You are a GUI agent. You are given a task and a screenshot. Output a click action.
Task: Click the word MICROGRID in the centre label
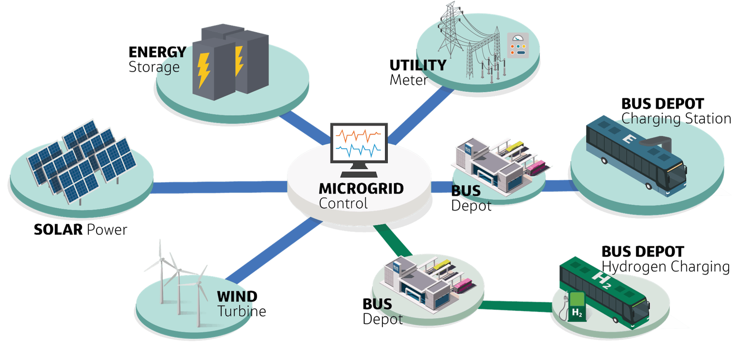point(361,189)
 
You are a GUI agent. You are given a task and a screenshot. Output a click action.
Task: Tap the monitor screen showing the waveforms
point(359,142)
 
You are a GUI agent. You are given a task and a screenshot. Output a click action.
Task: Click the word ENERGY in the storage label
point(157,52)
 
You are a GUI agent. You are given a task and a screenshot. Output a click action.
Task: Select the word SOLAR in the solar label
point(58,230)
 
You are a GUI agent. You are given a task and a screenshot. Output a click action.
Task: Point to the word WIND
point(237,296)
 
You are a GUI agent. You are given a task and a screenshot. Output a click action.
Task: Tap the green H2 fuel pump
point(576,306)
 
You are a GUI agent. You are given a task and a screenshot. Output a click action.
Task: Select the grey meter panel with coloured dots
point(518,45)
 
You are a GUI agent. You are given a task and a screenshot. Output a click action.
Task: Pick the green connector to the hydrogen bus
point(517,306)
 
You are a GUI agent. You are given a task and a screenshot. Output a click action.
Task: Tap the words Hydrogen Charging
point(666,267)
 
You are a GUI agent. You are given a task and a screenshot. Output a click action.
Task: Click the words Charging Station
point(676,119)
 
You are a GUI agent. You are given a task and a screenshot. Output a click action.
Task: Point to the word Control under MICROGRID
point(343,203)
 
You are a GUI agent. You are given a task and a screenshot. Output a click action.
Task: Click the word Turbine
point(242,311)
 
